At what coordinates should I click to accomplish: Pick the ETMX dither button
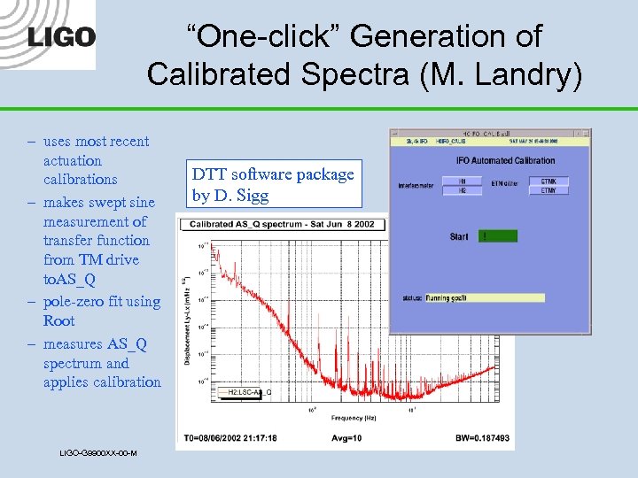pyautogui.click(x=549, y=181)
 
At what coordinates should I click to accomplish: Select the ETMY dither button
pyautogui.click(x=549, y=189)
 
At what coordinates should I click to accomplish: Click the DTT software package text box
pyautogui.click(x=274, y=184)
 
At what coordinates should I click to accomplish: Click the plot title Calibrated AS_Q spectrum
pyautogui.click(x=283, y=224)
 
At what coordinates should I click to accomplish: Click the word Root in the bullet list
pyautogui.click(x=58, y=320)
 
